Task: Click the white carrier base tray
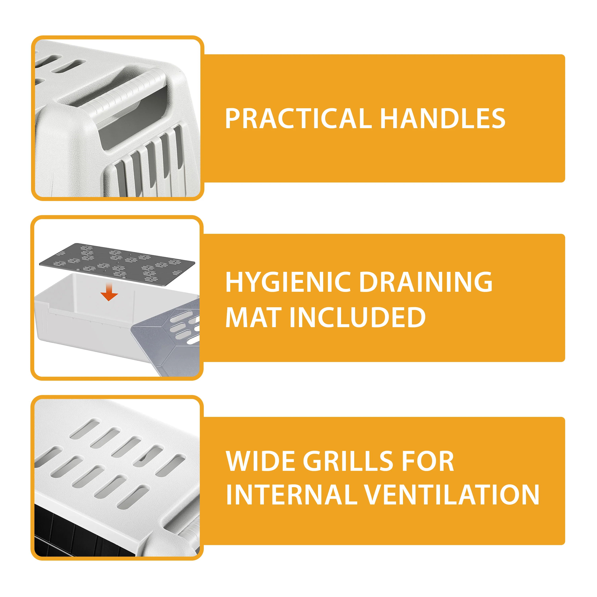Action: pyautogui.click(x=80, y=328)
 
